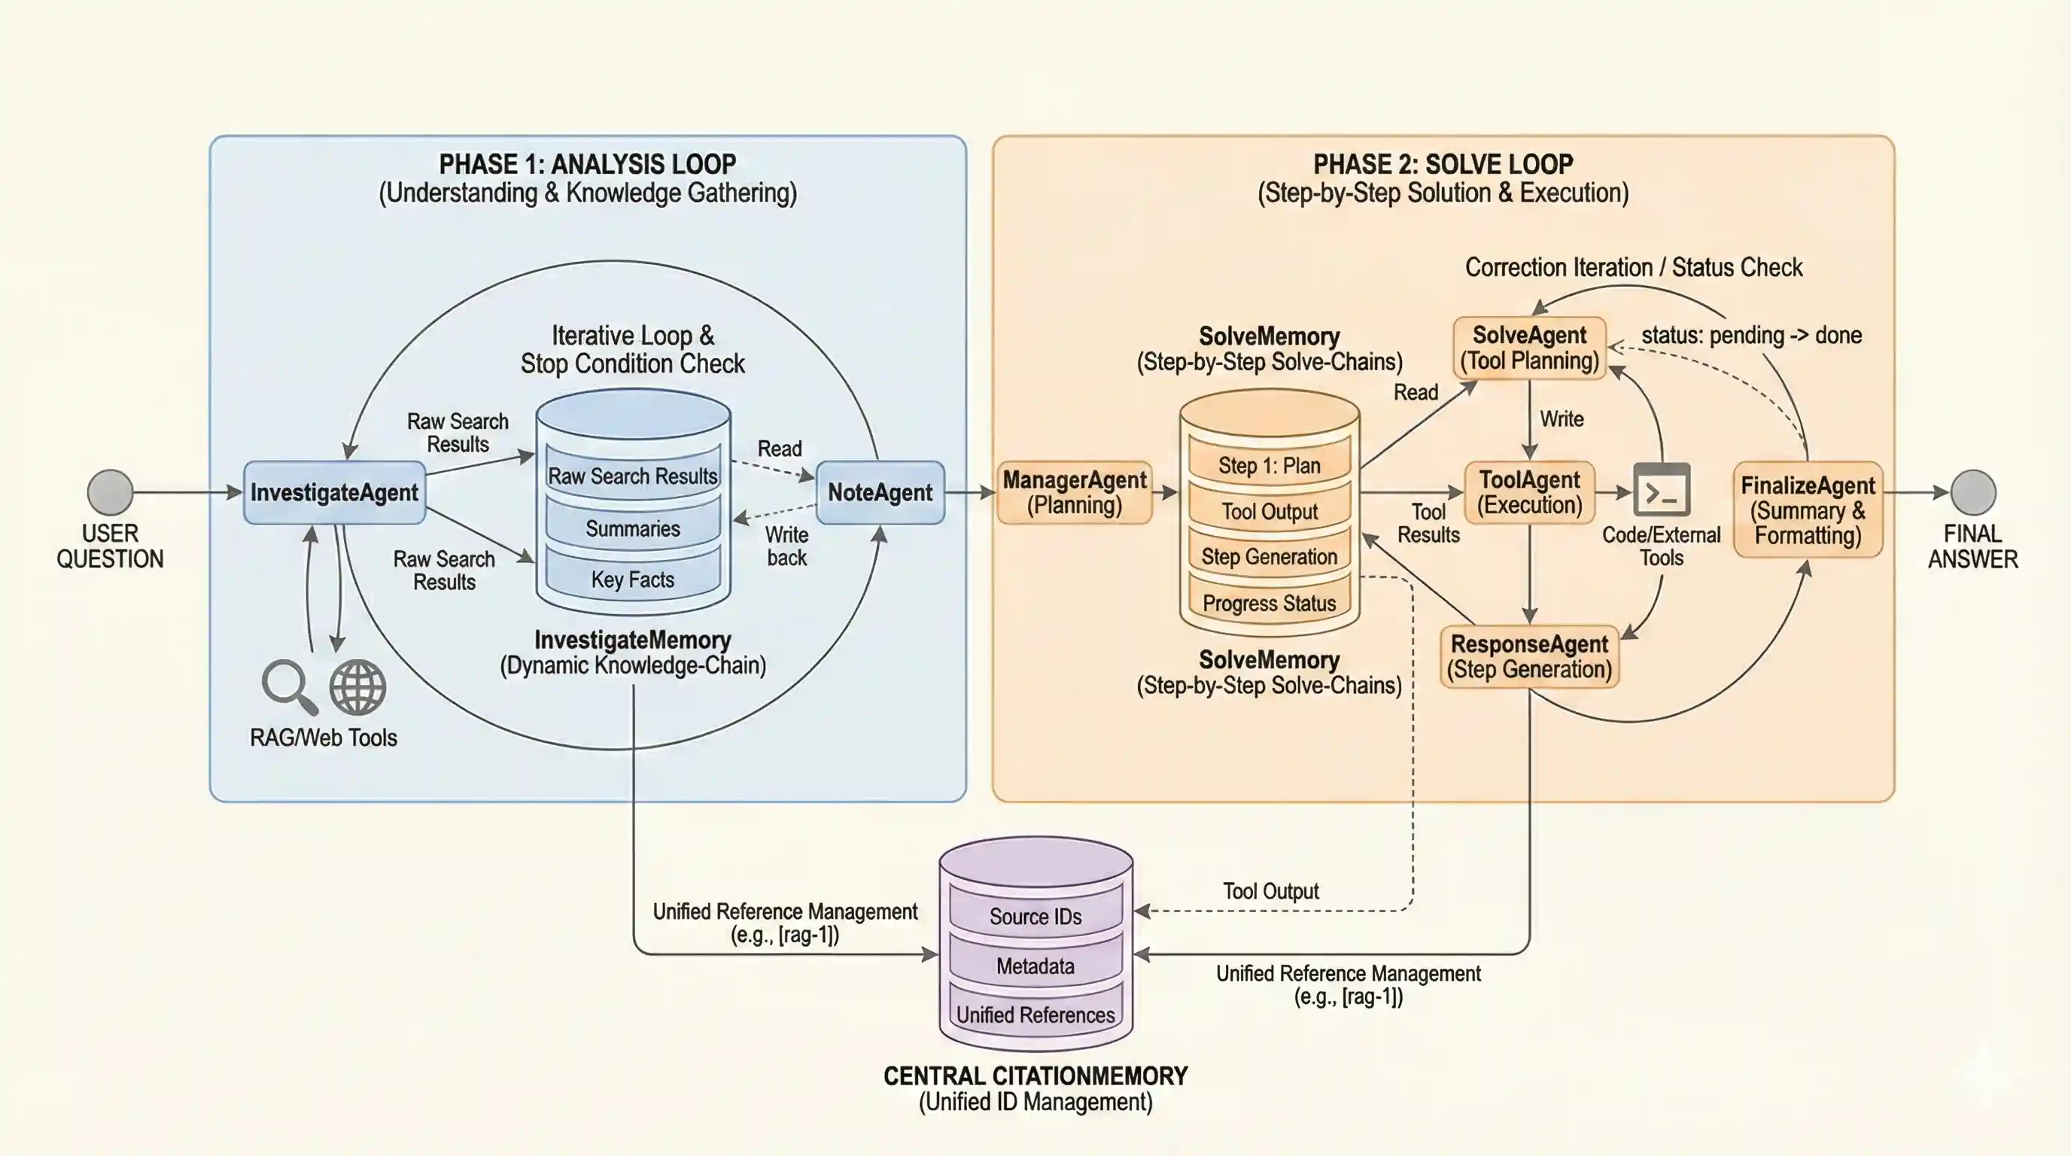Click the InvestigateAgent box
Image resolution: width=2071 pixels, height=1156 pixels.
point(333,492)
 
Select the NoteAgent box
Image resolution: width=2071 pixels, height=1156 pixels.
point(880,492)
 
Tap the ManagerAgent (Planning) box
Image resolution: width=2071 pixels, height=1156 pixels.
point(1074,492)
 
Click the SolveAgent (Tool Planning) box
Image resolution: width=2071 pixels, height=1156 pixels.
point(1529,347)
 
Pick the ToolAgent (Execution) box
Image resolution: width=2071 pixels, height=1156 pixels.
point(1529,492)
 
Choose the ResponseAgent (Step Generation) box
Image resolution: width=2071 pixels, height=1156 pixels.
point(1529,656)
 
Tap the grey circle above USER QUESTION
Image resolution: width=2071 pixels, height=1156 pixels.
point(110,492)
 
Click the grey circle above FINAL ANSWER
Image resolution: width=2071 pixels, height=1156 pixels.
point(1973,492)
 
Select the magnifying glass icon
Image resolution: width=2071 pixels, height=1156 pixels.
point(287,686)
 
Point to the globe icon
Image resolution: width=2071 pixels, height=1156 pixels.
point(357,687)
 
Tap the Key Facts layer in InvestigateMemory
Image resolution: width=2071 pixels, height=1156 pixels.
point(633,579)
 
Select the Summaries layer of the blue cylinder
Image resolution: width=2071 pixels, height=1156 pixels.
point(633,528)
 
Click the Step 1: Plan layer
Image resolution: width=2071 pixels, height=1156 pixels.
point(1269,464)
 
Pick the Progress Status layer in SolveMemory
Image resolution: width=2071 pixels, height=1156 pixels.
point(1269,603)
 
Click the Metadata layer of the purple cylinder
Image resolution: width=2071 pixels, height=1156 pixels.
point(1035,966)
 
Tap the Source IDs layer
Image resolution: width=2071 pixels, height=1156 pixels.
point(1035,916)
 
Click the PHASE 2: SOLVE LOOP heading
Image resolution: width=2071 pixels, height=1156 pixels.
point(1443,164)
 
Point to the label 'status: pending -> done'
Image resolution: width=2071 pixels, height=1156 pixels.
point(1751,335)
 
